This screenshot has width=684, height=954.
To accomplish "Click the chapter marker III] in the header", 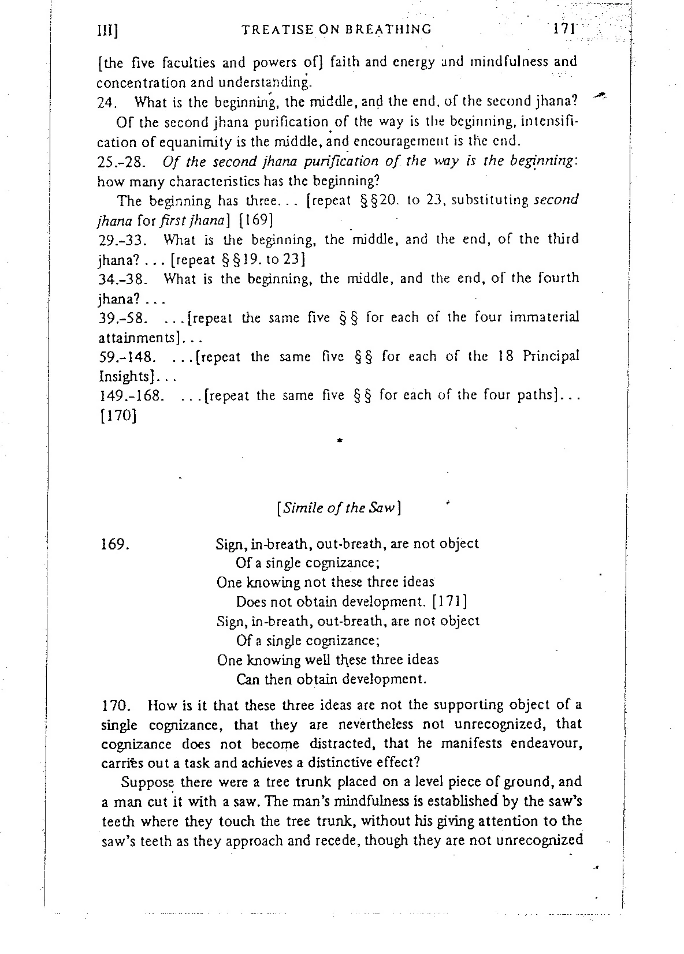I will pos(109,31).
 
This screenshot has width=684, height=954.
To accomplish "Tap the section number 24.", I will pos(108,103).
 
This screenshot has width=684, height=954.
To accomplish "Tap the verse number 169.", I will pos(114,544).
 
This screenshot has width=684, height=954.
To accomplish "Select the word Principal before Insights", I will pos(551,356).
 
